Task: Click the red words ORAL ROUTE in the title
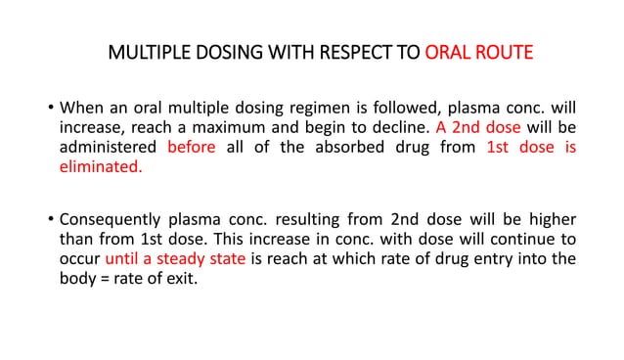point(479,51)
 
